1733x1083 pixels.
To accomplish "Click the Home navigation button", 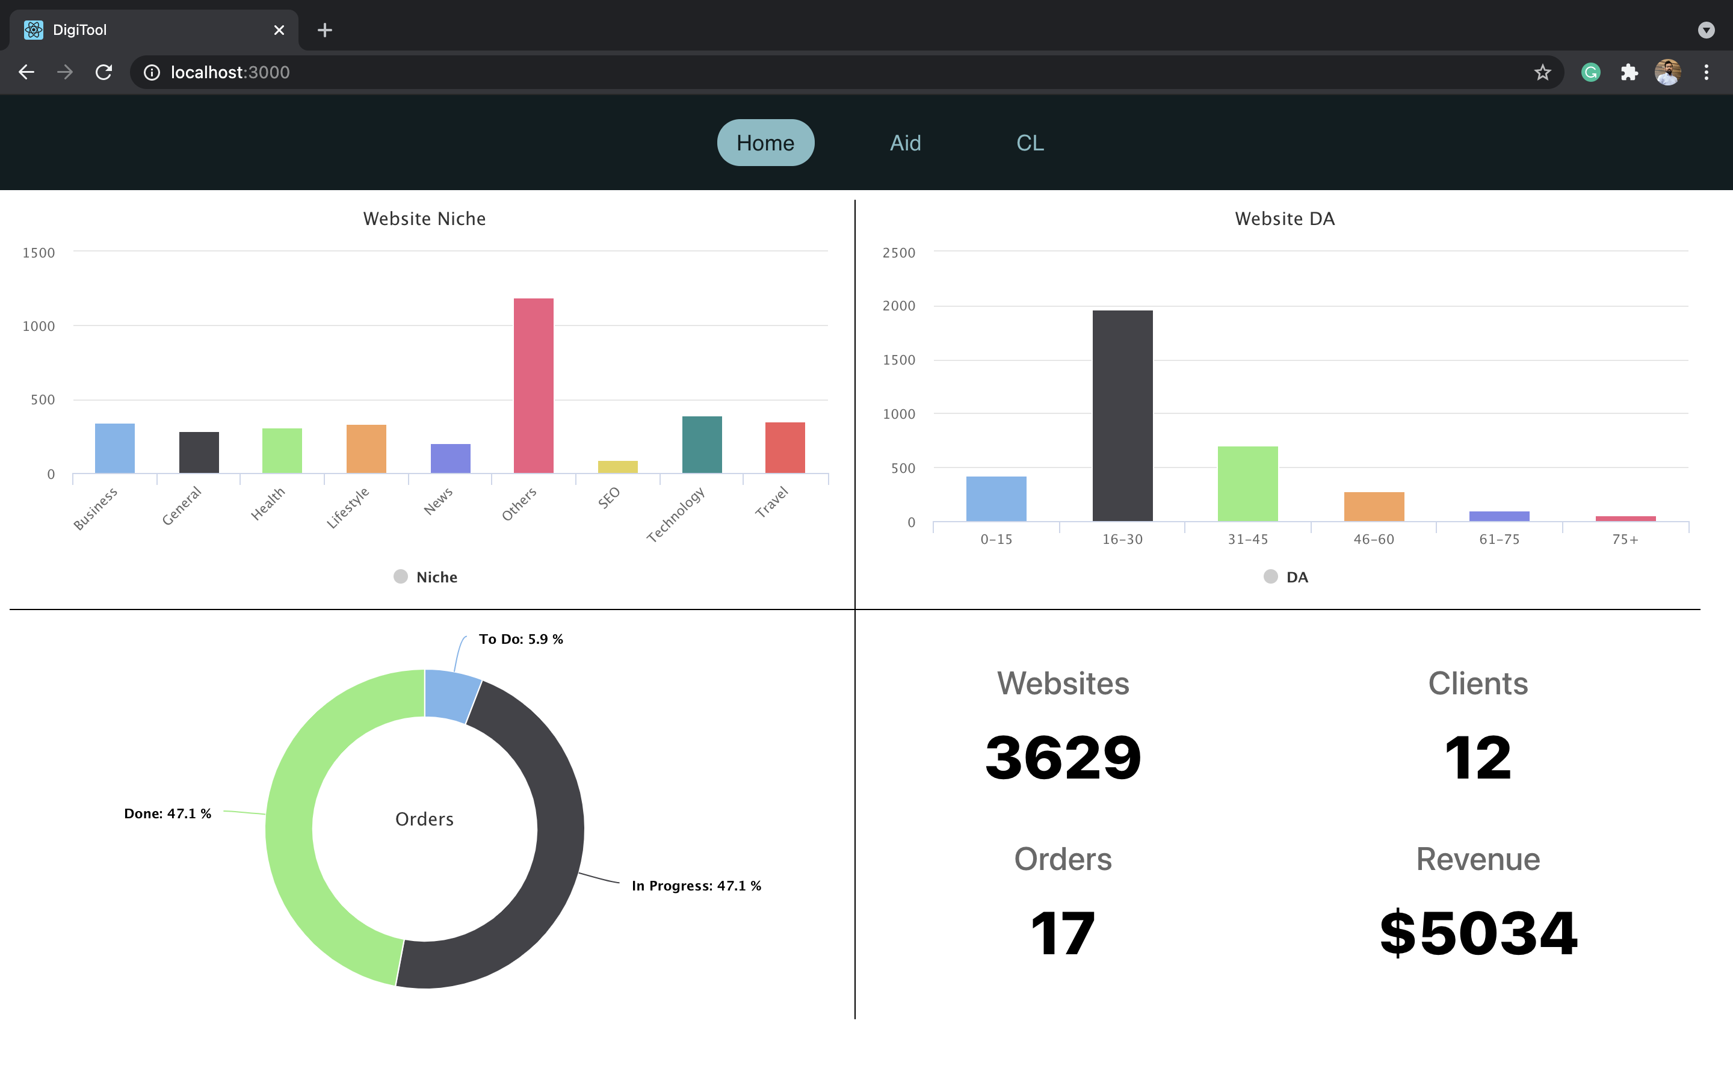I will tap(765, 143).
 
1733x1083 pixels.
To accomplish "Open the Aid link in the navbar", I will tap(905, 143).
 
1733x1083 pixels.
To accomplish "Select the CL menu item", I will tap(1030, 143).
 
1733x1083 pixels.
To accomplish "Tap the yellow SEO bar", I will tap(617, 466).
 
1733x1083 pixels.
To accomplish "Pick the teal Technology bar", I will tap(702, 444).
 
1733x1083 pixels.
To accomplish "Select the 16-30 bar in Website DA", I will tap(1122, 415).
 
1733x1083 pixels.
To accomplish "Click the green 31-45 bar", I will tap(1247, 484).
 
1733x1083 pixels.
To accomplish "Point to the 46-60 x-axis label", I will tap(1374, 539).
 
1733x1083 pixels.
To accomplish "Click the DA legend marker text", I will tap(1297, 578).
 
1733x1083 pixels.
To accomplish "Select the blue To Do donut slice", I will tap(449, 695).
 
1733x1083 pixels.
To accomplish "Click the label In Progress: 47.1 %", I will tap(696, 886).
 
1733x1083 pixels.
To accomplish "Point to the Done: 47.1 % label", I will tap(167, 813).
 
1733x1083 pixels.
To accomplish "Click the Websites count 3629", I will tap(1063, 758).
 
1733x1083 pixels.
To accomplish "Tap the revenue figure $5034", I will tap(1478, 933).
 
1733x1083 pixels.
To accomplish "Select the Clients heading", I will tap(1477, 683).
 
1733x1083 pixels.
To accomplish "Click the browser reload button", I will tap(104, 72).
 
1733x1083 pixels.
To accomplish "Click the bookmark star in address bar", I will tap(1542, 72).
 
